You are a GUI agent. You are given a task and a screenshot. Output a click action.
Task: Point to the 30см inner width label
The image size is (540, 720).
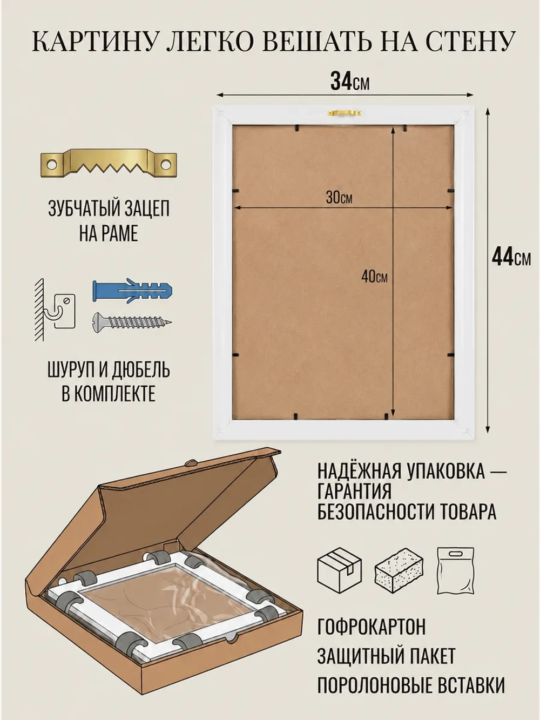click(x=339, y=197)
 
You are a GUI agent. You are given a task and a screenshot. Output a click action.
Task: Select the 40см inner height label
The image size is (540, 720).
click(x=374, y=277)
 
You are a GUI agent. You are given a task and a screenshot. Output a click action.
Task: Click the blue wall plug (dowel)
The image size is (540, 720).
click(x=132, y=290)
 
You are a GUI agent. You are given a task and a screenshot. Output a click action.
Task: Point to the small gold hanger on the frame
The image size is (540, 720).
click(x=346, y=113)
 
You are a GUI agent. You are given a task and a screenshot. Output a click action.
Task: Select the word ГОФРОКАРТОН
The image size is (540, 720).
click(x=372, y=627)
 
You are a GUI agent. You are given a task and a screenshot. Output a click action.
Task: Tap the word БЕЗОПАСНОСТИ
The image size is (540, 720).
click(x=377, y=511)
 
